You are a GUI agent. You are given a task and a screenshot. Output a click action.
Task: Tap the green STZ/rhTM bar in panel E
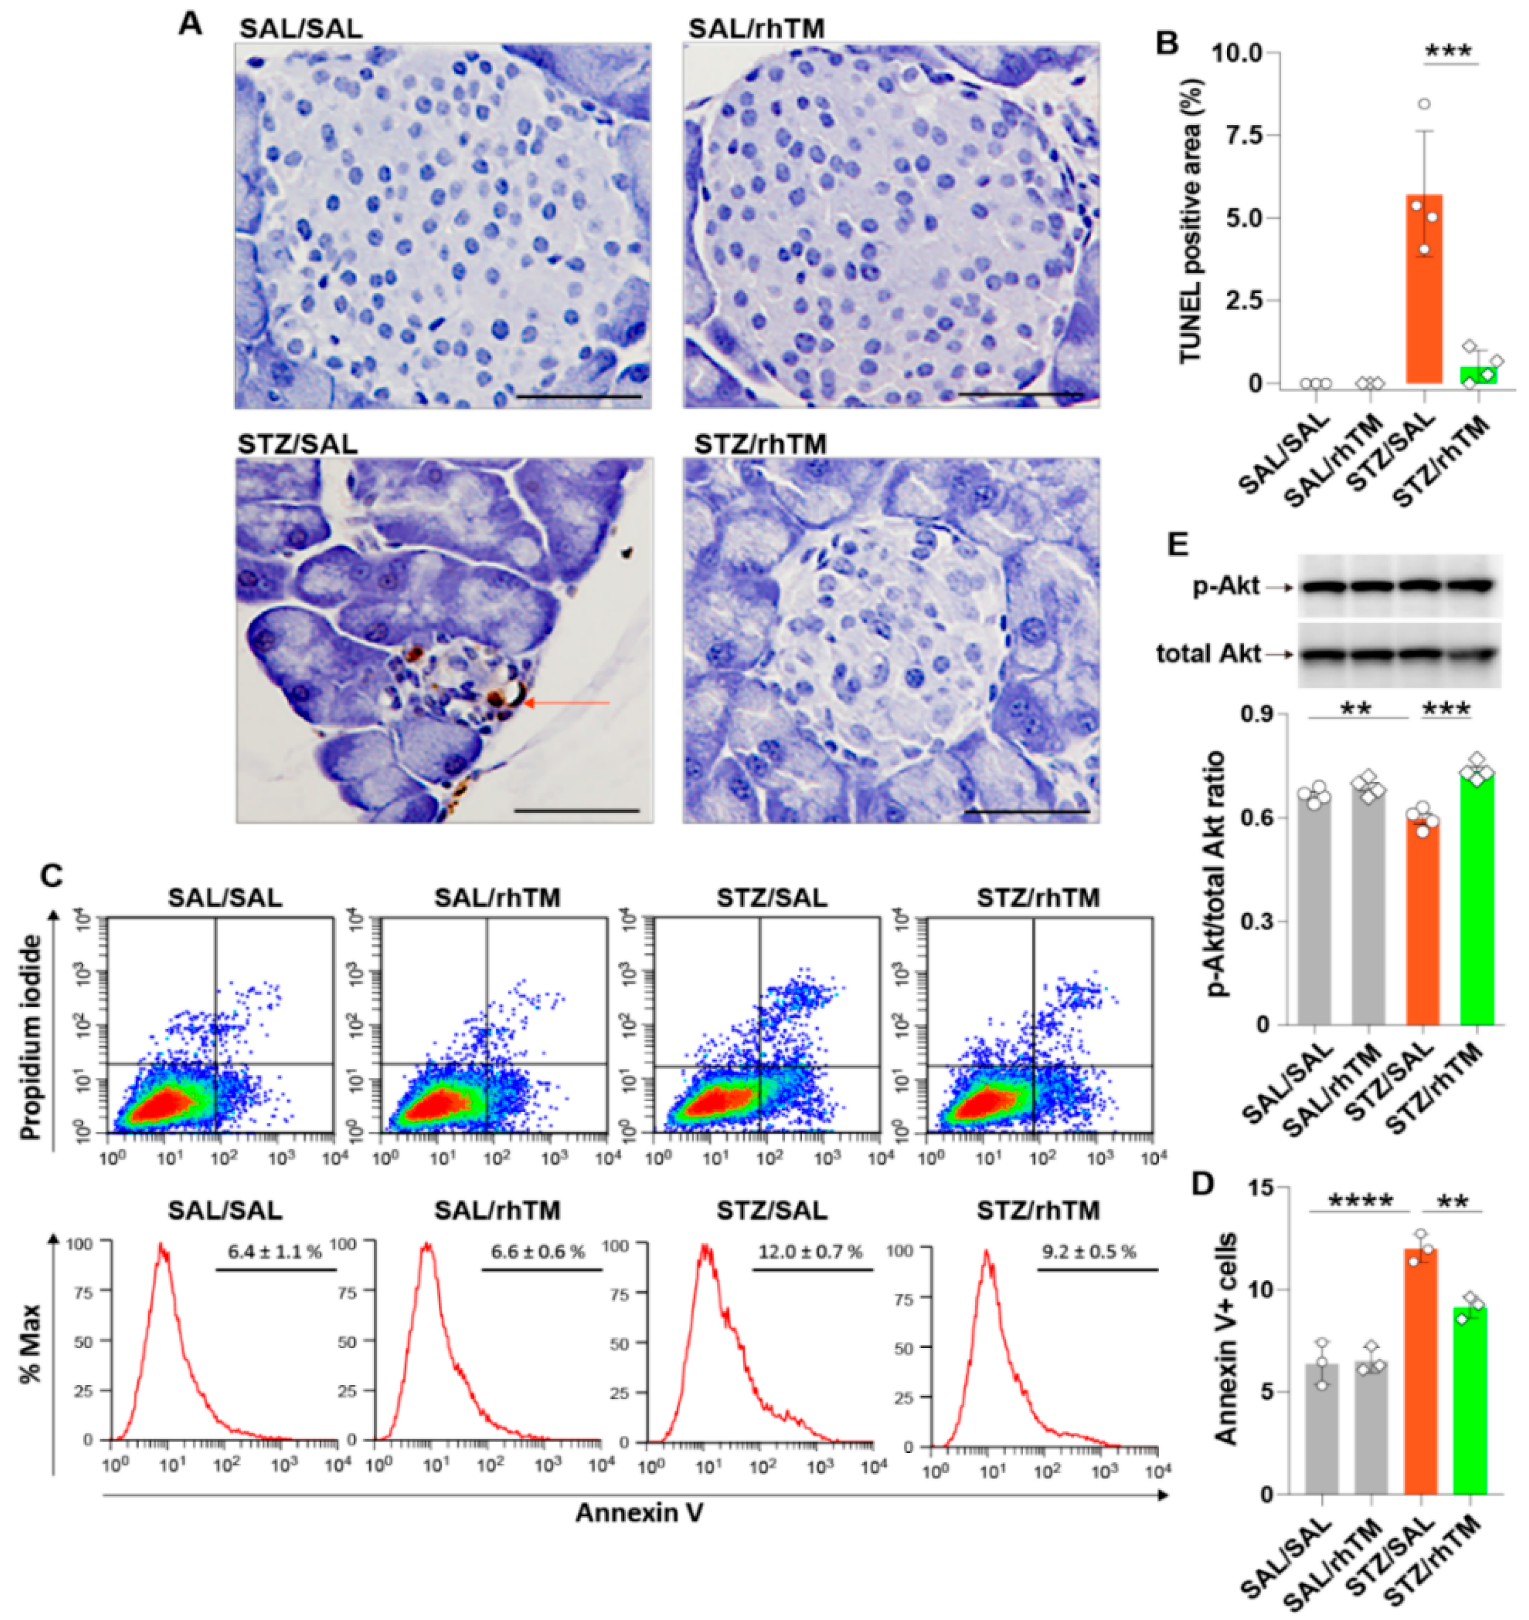click(1476, 897)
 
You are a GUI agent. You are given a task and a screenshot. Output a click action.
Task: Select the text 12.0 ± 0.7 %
click(810, 1252)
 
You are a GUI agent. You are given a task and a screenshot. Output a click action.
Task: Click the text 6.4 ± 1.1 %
click(275, 1252)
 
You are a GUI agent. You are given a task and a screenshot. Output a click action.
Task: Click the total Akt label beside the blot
click(1209, 653)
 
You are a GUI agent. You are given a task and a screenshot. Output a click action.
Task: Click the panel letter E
click(1179, 544)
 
